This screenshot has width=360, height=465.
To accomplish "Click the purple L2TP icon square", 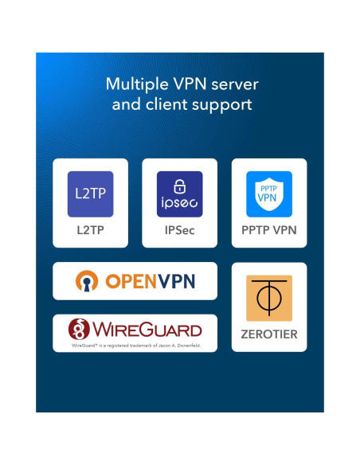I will [x=90, y=194].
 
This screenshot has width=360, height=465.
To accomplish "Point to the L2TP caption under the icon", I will [x=90, y=231].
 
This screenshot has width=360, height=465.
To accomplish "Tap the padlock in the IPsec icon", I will [x=179, y=186].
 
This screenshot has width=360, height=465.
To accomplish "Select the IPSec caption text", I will [x=179, y=231].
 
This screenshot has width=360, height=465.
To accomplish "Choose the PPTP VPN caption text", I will [x=269, y=231].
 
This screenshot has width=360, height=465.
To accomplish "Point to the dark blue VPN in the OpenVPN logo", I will [x=177, y=281].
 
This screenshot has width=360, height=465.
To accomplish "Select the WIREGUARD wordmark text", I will [x=147, y=329].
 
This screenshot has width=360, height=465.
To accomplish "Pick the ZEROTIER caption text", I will [x=269, y=335].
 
